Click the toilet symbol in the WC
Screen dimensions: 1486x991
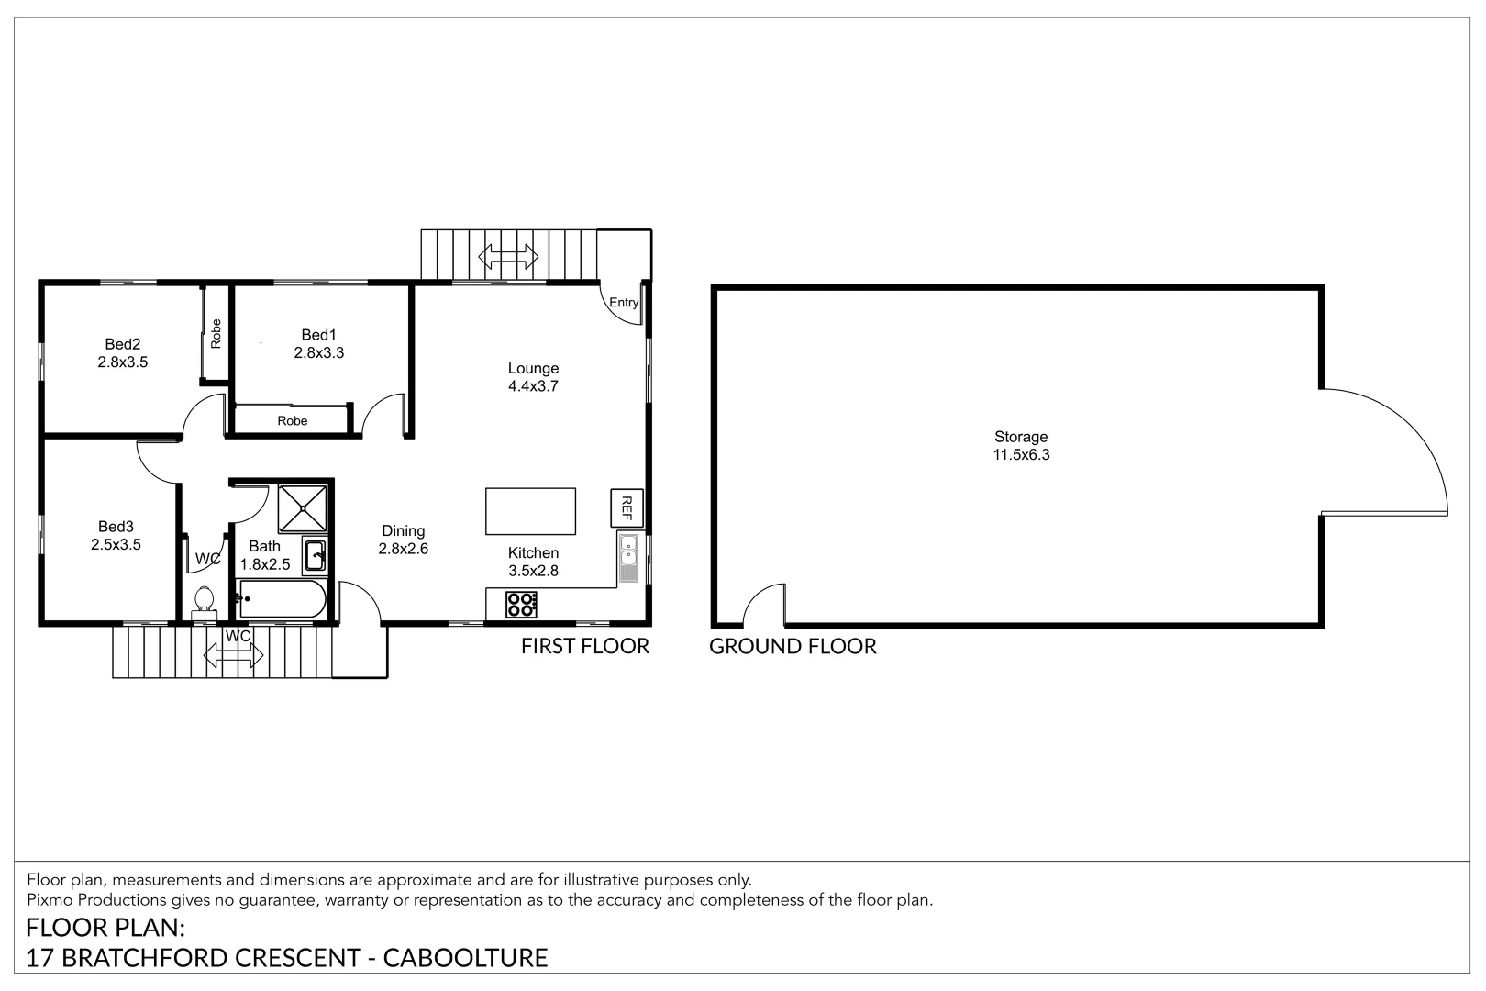205,602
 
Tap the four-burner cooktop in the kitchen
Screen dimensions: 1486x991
521,605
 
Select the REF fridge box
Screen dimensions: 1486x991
627,507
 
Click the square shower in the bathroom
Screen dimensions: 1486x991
303,508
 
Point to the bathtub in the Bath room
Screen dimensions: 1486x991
282,599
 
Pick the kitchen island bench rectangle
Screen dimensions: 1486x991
531,511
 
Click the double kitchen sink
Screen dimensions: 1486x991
628,558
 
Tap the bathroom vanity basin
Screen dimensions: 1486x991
315,555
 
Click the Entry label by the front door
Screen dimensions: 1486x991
624,303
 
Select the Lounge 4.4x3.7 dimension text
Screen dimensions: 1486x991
533,386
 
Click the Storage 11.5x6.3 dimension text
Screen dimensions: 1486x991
1021,455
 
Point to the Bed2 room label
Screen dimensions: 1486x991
123,344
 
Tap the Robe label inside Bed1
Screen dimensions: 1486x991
293,421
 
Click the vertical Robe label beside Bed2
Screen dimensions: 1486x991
216,333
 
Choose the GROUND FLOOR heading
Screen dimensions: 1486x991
793,647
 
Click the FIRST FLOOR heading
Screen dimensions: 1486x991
585,647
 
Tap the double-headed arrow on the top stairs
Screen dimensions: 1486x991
508,256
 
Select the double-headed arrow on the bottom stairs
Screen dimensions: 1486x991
233,656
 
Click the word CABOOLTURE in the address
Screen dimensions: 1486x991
466,959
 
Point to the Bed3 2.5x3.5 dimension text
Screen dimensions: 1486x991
116,545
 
